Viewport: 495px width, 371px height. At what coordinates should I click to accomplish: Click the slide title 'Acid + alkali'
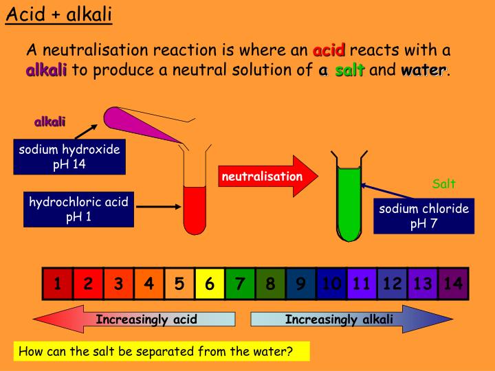click(58, 14)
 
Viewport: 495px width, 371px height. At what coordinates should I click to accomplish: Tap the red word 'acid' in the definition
click(329, 50)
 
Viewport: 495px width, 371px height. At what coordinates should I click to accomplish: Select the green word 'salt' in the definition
click(349, 70)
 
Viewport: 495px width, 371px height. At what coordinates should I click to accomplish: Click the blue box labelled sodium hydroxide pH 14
click(69, 157)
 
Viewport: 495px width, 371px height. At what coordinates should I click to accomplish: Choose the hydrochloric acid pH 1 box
click(78, 210)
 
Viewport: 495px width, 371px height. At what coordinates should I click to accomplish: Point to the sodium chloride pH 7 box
click(423, 216)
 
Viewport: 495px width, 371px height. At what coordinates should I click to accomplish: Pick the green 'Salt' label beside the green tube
click(443, 183)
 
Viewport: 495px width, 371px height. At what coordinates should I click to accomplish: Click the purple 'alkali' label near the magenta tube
click(49, 122)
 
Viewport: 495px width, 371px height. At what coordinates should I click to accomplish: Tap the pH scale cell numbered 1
click(58, 284)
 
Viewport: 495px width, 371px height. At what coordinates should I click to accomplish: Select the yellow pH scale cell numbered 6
click(210, 284)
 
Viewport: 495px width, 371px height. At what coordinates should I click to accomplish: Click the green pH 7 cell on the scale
click(240, 284)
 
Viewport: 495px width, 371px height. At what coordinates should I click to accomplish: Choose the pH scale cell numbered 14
click(453, 284)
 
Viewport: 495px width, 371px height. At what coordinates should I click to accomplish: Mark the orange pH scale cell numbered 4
click(148, 284)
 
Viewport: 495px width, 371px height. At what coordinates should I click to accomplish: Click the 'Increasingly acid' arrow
click(134, 319)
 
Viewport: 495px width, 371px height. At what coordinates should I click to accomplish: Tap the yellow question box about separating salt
click(162, 352)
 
